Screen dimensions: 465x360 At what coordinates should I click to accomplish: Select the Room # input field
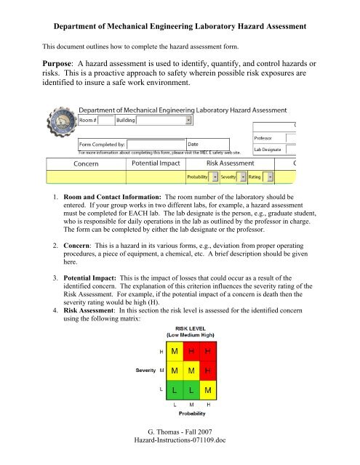(105, 120)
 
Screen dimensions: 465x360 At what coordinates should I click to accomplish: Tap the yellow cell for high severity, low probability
(175, 352)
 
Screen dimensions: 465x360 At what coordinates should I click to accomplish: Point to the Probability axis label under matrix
(194, 416)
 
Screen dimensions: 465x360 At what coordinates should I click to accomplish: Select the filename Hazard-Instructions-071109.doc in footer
(180, 451)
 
